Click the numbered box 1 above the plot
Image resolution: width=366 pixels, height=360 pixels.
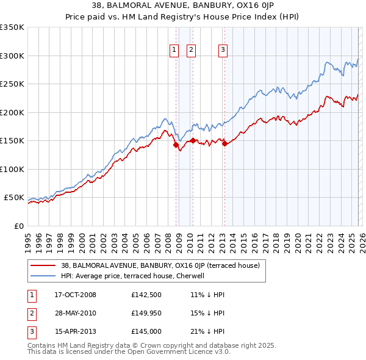[174, 51]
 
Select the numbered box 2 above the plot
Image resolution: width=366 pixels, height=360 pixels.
[191, 51]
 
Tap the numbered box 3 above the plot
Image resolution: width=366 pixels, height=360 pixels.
[223, 51]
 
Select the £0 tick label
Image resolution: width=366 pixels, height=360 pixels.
[18, 226]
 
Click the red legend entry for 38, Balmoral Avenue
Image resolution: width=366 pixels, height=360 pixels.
[160, 265]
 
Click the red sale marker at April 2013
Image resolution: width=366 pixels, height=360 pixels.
[224, 143]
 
